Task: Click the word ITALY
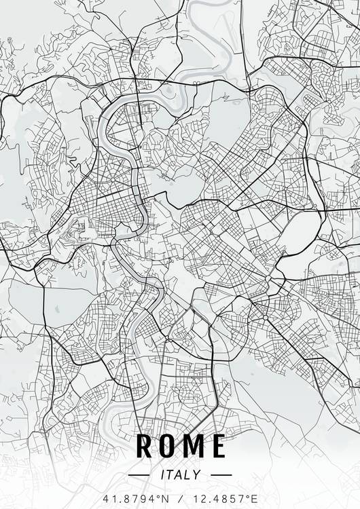[x=180, y=475]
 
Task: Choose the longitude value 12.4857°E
[x=221, y=498]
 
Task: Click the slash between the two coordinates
[x=180, y=498]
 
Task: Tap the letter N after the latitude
[x=163, y=498]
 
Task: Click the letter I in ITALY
[x=162, y=475]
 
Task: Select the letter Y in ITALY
[x=198, y=475]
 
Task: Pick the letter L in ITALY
[x=188, y=475]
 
